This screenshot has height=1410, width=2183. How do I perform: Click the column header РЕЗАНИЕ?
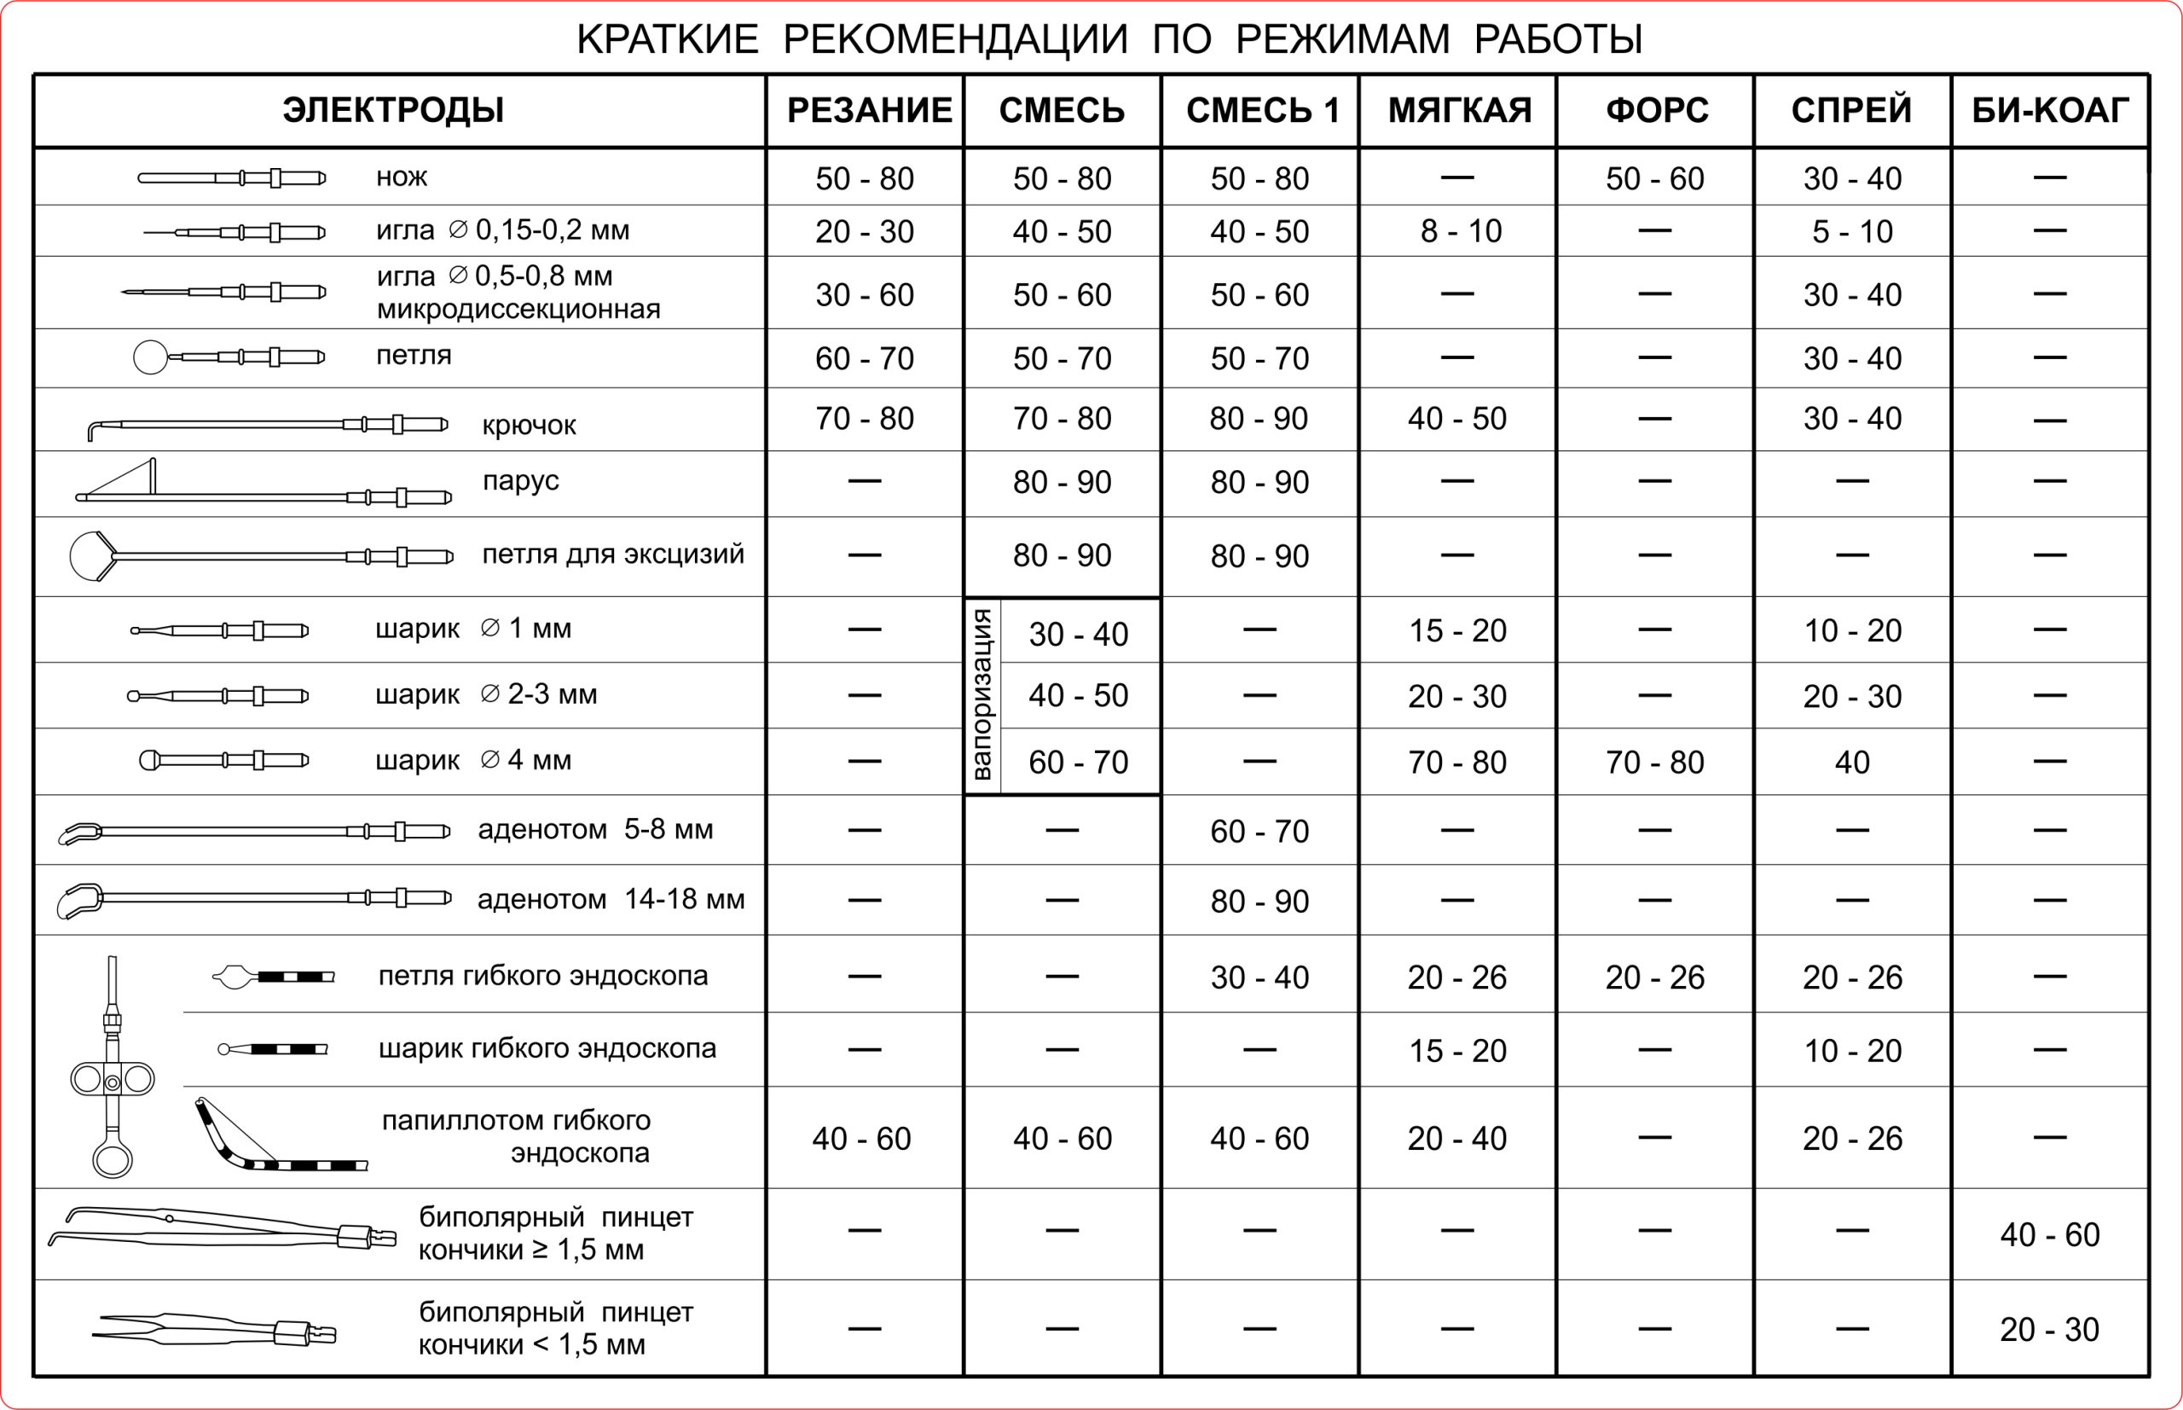tap(869, 110)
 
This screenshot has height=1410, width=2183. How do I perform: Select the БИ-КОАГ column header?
tap(2049, 110)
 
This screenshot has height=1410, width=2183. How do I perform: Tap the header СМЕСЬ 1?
tap(1262, 110)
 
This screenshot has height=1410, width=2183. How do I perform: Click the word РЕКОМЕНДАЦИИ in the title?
tap(956, 39)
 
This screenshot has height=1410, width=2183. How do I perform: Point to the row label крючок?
tap(529, 425)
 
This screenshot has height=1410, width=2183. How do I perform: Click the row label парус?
tap(520, 481)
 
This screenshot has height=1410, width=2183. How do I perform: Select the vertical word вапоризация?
tap(982, 694)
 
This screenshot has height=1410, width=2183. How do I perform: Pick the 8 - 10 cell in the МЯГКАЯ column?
tap(1461, 230)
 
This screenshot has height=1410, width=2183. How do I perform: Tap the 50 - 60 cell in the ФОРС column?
tap(1655, 178)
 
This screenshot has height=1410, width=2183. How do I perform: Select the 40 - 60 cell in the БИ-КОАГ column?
tap(2049, 1234)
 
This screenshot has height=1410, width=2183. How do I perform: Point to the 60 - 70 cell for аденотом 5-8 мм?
tap(1259, 832)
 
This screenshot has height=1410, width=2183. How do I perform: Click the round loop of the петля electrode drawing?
tap(150, 357)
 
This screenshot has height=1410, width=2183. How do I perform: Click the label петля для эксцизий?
tap(612, 554)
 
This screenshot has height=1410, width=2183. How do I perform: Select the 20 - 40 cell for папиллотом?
tap(1457, 1138)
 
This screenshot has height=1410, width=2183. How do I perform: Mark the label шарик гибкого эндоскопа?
tap(547, 1048)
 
